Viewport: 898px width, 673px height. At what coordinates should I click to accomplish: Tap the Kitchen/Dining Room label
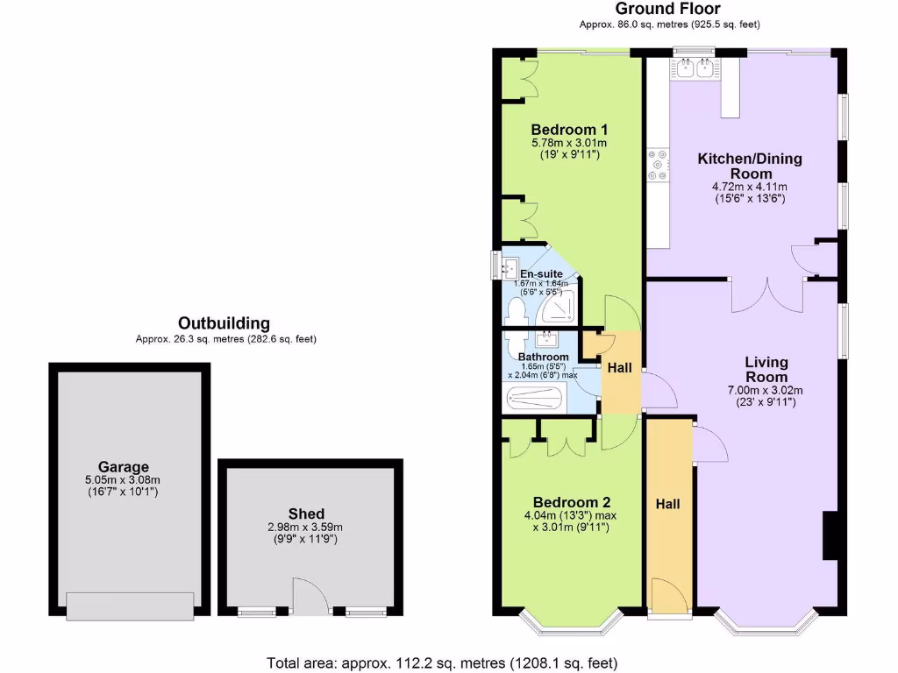(x=749, y=166)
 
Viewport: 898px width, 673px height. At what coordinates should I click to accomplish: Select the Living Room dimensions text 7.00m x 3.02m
(x=753, y=390)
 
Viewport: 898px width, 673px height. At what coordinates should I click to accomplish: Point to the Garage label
(x=124, y=466)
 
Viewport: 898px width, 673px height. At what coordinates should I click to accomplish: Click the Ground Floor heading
(x=668, y=10)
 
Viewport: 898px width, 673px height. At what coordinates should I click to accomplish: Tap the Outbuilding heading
(x=224, y=323)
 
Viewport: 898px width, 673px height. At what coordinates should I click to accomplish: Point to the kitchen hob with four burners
(x=657, y=166)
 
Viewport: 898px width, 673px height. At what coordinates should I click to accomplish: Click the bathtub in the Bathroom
(x=538, y=400)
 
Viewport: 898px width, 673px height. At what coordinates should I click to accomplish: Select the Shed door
(x=309, y=596)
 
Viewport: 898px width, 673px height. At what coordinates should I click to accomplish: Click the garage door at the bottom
(x=129, y=606)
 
